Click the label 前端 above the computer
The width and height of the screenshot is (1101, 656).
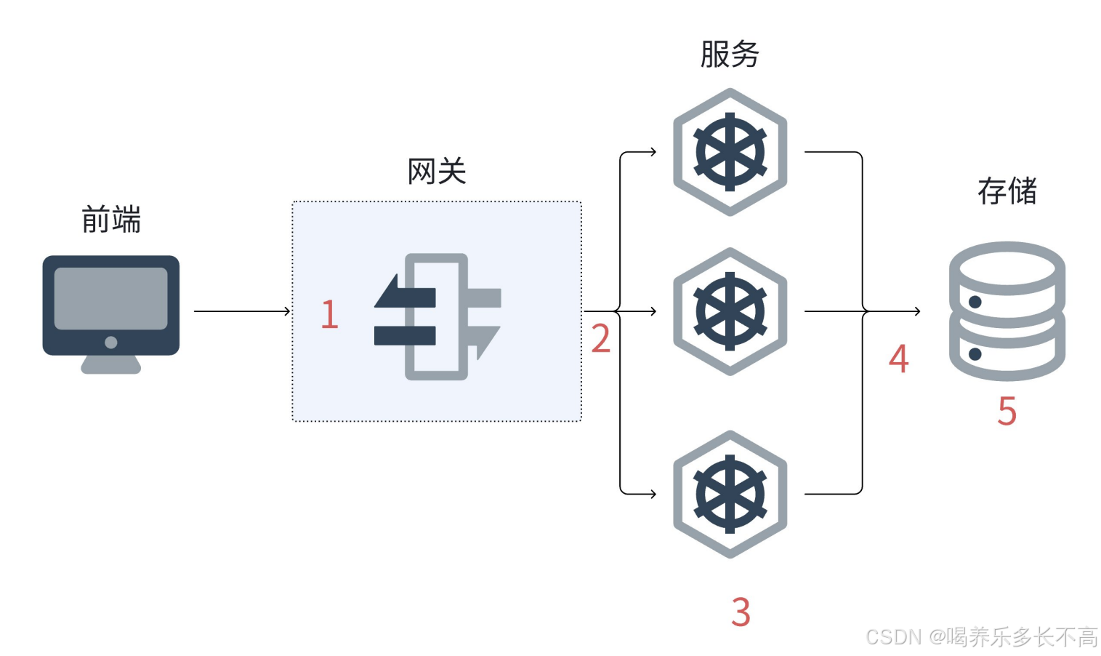tap(110, 219)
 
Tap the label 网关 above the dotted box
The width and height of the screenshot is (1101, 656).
tap(436, 172)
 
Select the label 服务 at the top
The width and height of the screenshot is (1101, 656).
tap(730, 54)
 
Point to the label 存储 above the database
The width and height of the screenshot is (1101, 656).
tap(1007, 191)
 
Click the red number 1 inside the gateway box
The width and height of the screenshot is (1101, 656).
tap(329, 314)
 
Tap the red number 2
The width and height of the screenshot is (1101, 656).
tap(600, 339)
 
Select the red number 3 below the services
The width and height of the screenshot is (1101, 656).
tap(740, 612)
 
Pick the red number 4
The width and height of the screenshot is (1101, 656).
tap(898, 359)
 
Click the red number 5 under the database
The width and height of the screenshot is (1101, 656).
tap(1007, 411)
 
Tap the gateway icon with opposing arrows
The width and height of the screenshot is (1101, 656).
tap(437, 316)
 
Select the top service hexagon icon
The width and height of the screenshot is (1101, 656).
tap(730, 153)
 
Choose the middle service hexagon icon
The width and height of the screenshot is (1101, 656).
tap(730, 311)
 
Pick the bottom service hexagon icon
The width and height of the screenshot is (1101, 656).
tap(730, 495)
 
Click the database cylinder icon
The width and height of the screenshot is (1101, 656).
tap(1007, 311)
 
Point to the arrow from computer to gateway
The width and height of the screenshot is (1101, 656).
tap(241, 311)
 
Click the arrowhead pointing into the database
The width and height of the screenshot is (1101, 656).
tap(917, 311)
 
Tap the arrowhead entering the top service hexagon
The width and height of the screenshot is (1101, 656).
tap(653, 152)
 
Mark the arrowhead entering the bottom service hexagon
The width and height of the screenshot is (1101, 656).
tap(653, 495)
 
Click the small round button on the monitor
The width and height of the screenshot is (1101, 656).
tap(110, 343)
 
